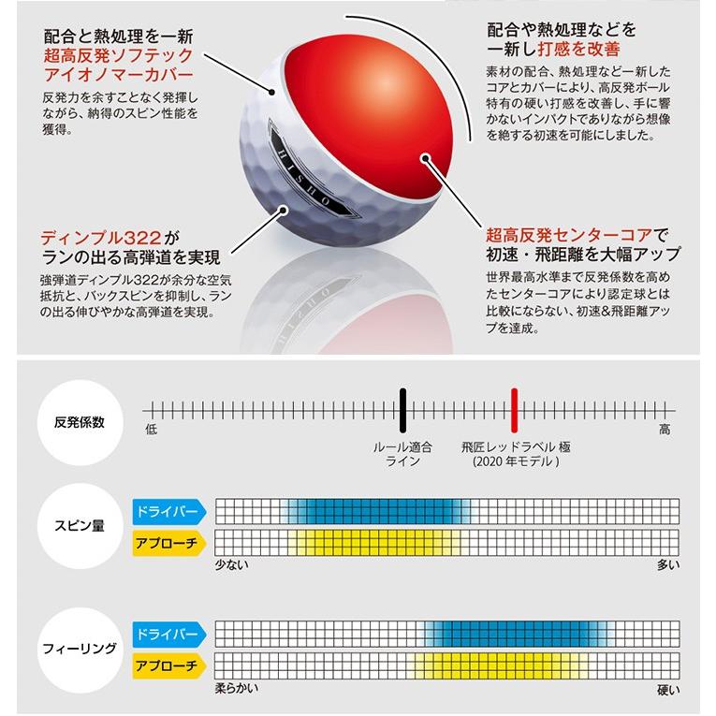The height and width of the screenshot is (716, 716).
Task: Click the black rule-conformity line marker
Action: click(402, 409)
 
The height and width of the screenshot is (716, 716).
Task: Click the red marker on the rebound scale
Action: click(514, 409)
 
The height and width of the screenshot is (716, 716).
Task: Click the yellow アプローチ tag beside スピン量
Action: click(168, 542)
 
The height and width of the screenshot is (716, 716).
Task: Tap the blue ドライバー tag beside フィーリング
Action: click(168, 634)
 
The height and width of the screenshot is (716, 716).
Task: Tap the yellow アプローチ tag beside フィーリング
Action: click(168, 665)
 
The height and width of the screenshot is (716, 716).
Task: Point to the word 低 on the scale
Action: click(152, 429)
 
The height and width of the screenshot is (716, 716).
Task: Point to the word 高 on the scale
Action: click(665, 429)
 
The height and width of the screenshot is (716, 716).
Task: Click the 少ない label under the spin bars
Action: click(232, 564)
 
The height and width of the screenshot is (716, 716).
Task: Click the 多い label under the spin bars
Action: click(668, 564)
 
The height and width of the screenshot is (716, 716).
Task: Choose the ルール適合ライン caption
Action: click(402, 454)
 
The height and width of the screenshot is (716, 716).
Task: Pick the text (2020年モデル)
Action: click(514, 461)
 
